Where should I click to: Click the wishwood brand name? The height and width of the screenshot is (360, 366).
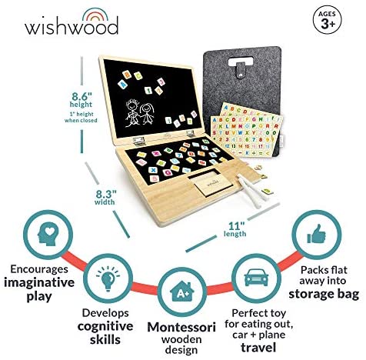coord(72,26)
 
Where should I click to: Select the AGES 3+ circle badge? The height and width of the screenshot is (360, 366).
coord(328,21)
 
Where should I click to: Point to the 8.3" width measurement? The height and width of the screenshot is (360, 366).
coord(105,197)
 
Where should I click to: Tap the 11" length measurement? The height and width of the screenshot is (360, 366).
coord(235,229)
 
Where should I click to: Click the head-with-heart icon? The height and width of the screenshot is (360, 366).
coord(48,234)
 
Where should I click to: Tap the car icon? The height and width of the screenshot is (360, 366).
coord(257,278)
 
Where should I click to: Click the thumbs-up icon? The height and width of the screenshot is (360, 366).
coord(317,234)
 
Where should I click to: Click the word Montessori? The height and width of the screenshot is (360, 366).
coord(181,327)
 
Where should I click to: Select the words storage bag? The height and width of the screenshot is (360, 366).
coord(324,294)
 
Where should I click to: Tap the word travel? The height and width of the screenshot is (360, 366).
coord(258,348)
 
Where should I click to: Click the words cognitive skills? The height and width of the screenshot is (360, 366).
coord(105,332)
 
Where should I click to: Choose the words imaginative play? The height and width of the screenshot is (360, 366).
coord(39,289)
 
